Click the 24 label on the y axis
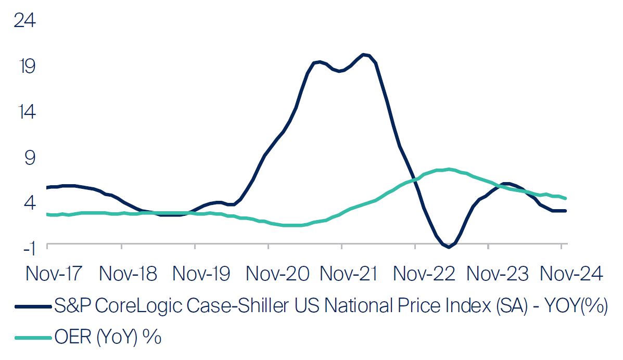pyautogui.click(x=26, y=21)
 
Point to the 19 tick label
pyautogui.click(x=26, y=67)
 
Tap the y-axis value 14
pyautogui.click(x=26, y=112)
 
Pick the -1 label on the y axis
pyautogui.click(x=28, y=248)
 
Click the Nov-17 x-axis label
pyautogui.click(x=54, y=273)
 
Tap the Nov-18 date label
pyautogui.click(x=128, y=273)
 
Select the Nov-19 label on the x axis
pyautogui.click(x=202, y=273)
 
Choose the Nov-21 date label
pyautogui.click(x=349, y=273)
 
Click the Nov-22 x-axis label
pyautogui.click(x=423, y=273)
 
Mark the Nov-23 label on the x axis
pyautogui.click(x=497, y=273)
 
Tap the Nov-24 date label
pyautogui.click(x=571, y=273)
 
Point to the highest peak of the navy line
pyautogui.click(x=364, y=54)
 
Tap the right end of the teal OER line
pyautogui.click(x=566, y=198)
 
